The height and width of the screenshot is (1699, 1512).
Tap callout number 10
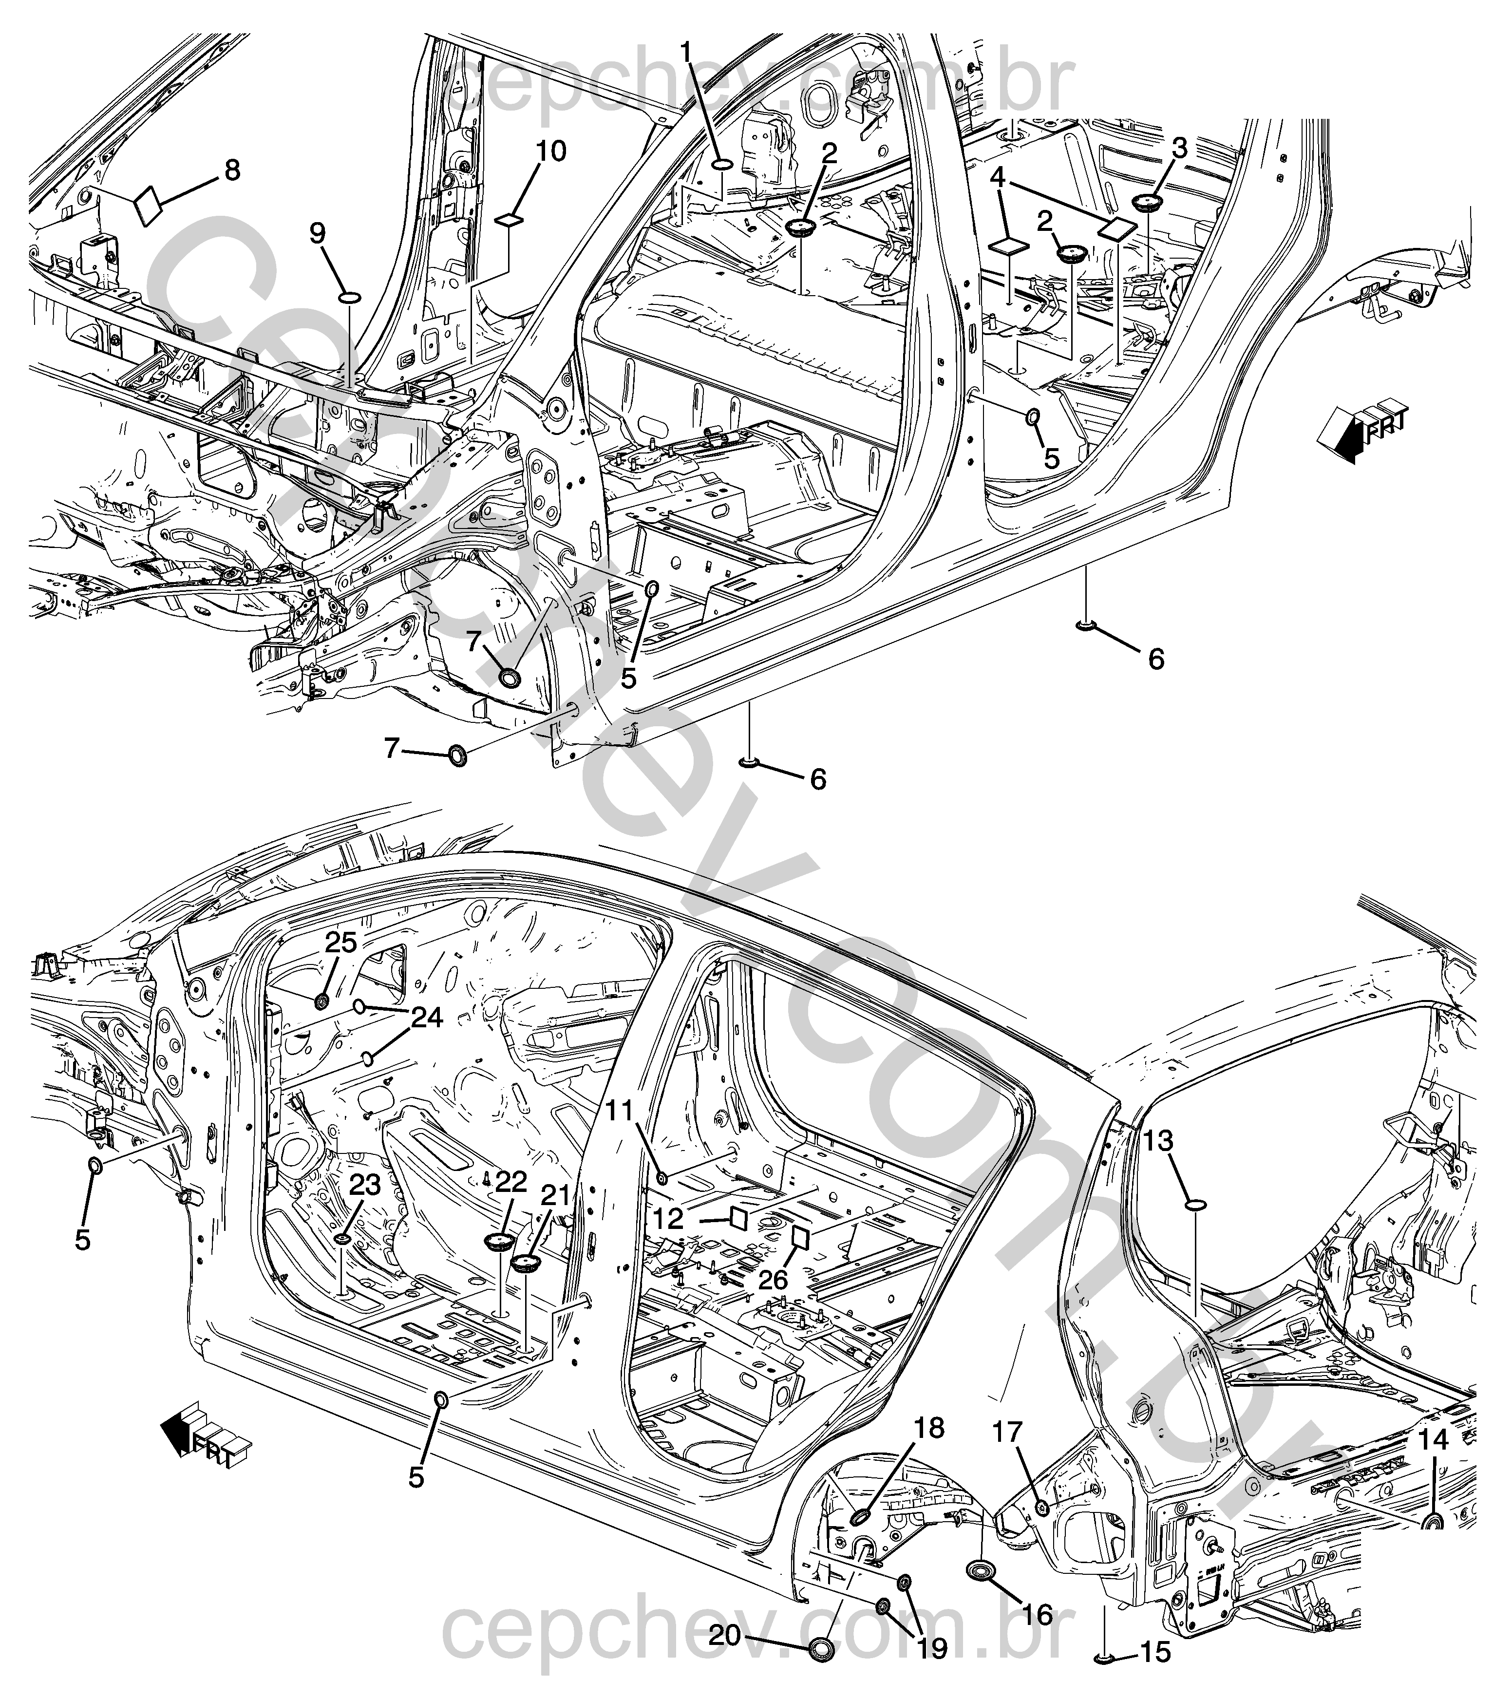550,151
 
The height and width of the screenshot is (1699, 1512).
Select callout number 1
687,53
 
